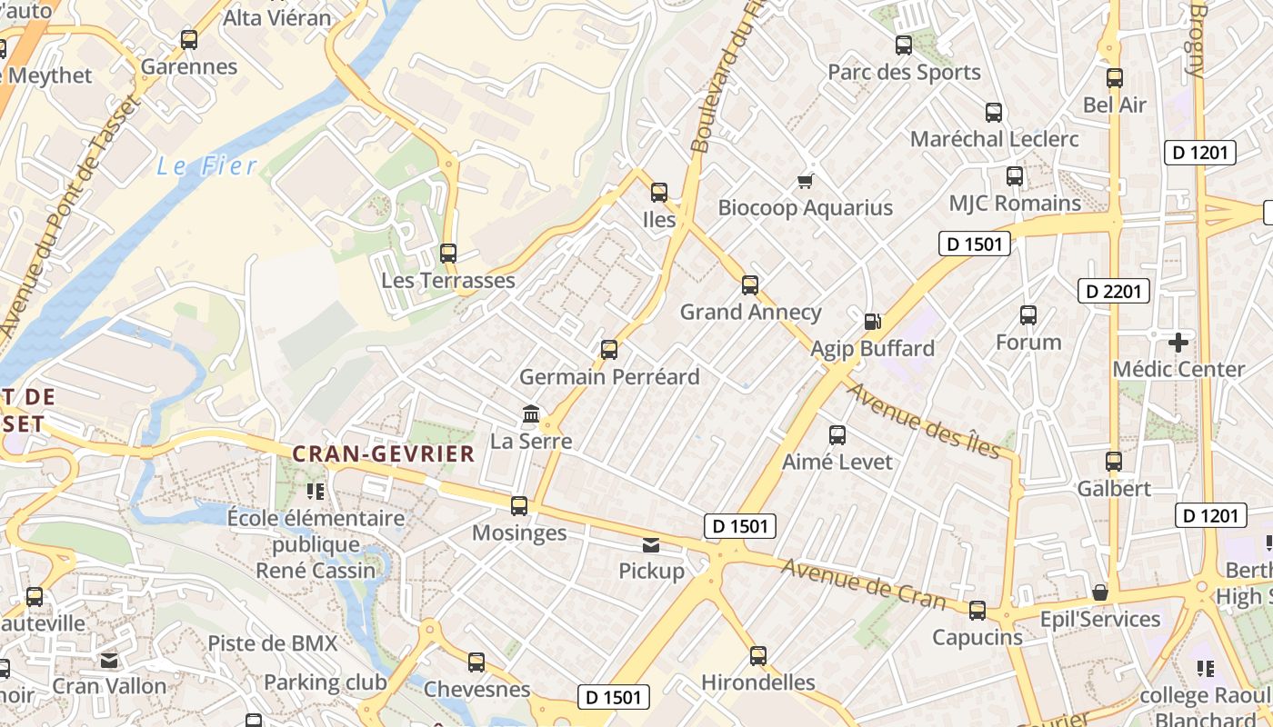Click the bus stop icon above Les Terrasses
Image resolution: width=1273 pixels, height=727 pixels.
point(447,254)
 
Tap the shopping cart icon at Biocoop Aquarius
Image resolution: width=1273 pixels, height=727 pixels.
point(805,181)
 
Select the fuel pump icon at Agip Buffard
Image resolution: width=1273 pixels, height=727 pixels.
point(872,321)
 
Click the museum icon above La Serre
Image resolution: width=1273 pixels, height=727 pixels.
point(531,414)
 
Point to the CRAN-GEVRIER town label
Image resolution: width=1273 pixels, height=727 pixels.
point(384,453)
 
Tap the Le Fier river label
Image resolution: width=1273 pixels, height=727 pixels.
point(207,166)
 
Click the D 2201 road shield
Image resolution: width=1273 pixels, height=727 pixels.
point(1114,291)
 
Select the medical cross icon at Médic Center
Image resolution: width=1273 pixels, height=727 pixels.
point(1178,343)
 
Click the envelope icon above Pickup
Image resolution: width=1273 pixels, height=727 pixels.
point(651,545)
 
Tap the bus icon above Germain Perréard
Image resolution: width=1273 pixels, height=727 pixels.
point(609,349)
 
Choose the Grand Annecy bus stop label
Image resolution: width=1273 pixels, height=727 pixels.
point(751,313)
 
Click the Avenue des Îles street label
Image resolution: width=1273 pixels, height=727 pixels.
point(924,420)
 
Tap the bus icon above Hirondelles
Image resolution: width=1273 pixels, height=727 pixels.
point(758,655)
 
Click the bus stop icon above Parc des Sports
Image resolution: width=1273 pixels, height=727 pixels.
point(904,45)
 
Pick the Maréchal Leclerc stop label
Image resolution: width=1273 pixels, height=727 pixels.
point(995,139)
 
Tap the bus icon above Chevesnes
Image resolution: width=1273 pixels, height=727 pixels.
point(476,662)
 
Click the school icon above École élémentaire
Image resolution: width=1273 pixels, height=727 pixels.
point(316,492)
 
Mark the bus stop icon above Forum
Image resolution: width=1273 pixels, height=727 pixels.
point(1028,315)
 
